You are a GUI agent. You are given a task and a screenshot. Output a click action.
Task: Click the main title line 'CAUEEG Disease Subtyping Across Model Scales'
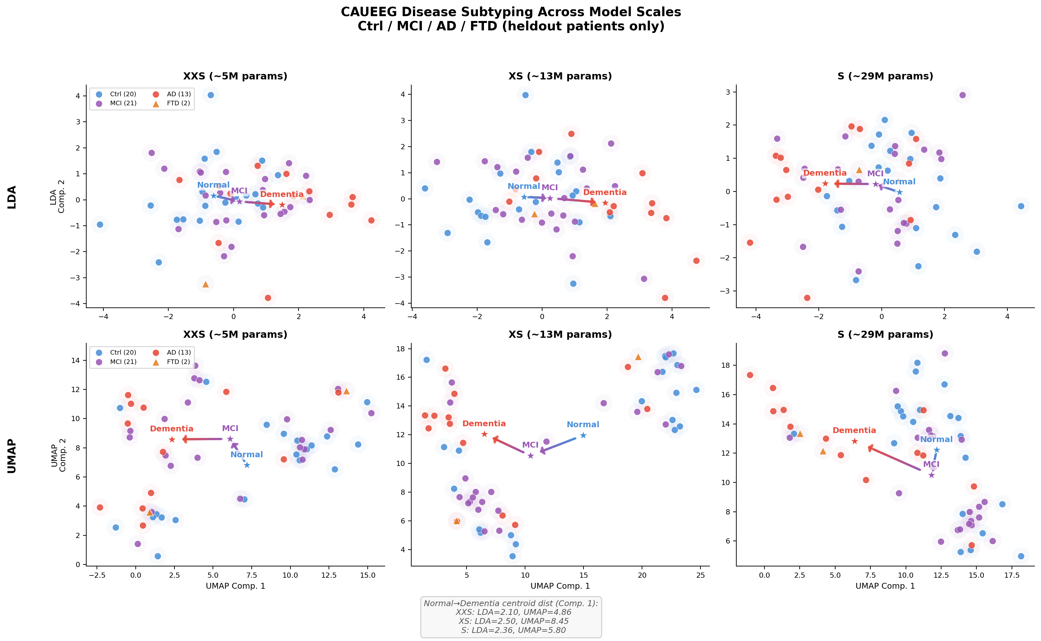pos(510,12)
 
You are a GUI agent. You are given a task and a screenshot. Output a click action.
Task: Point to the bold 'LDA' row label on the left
pos(12,197)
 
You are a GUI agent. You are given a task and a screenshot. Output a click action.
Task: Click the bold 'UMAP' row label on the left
pos(12,456)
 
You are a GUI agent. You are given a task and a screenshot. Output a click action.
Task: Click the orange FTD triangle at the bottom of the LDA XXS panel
pos(206,284)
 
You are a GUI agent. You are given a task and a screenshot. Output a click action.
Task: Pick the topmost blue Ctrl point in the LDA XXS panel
pos(211,95)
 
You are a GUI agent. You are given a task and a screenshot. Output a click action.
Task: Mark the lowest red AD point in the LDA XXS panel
pos(268,298)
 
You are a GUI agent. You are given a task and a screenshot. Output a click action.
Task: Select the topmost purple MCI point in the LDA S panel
pos(962,95)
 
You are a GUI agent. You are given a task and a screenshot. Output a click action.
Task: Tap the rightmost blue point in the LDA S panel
pos(1021,206)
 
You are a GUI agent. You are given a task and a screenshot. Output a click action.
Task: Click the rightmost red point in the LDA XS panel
pos(696,261)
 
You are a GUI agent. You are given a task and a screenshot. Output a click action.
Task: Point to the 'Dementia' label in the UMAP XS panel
pos(484,424)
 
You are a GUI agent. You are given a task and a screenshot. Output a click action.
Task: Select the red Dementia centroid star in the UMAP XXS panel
pos(172,439)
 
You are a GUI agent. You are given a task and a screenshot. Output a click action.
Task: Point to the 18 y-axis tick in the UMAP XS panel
pos(400,349)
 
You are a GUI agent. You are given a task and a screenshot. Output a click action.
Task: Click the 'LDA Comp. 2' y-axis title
pos(57,196)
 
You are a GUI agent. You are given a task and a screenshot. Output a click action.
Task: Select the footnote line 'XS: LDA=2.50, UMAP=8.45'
pos(513,621)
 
